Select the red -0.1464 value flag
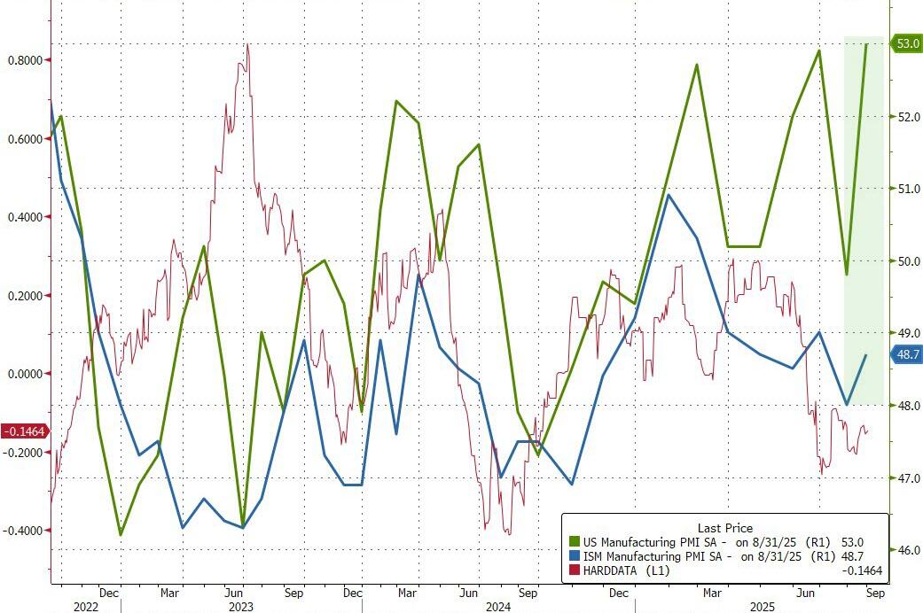point(24,431)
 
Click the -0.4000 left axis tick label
point(25,531)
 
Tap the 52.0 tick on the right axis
point(906,117)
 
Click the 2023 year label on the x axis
point(241,606)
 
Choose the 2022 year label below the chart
point(85,606)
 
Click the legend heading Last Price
point(724,528)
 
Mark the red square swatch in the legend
point(574,570)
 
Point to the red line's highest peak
point(246,44)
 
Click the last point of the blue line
point(865,355)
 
